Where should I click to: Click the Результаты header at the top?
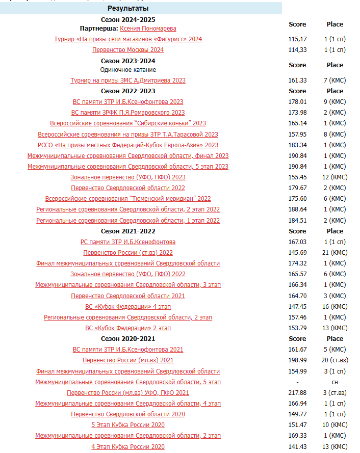tap(128, 9)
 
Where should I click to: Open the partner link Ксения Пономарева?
tap(148, 29)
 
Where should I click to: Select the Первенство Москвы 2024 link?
tap(128, 50)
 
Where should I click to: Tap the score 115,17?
tap(297, 39)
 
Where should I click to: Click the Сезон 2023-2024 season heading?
tap(128, 61)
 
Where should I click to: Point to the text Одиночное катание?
tap(128, 70)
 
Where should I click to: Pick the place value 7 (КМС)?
tap(335, 81)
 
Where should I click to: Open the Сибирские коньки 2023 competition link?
tap(128, 123)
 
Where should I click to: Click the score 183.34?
tap(297, 145)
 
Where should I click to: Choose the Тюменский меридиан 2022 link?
tap(128, 199)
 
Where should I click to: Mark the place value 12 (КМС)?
tap(335, 177)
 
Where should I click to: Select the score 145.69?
tap(297, 253)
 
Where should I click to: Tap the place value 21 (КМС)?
tap(335, 253)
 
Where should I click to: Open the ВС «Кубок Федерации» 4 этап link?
tap(128, 307)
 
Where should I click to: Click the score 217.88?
tap(297, 393)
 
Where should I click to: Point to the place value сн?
tap(335, 382)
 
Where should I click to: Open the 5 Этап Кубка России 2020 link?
tap(128, 425)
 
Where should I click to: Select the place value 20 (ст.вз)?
tap(335, 360)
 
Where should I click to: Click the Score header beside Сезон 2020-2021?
tap(297, 339)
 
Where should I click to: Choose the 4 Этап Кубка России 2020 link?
tap(128, 447)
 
